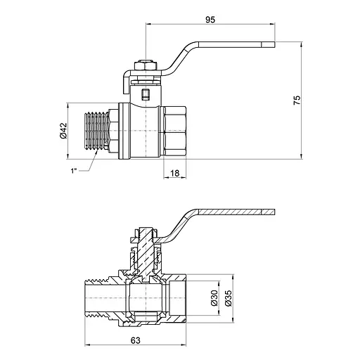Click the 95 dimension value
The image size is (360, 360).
click(210, 20)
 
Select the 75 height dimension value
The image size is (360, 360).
click(297, 100)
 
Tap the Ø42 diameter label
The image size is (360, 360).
click(63, 131)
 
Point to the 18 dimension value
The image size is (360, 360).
click(174, 173)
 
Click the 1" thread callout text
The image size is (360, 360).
click(74, 171)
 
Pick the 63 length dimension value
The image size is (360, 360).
click(136, 340)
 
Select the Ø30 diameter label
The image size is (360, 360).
click(214, 298)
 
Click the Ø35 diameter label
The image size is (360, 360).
click(228, 298)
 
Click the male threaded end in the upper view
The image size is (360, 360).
click(96, 131)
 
